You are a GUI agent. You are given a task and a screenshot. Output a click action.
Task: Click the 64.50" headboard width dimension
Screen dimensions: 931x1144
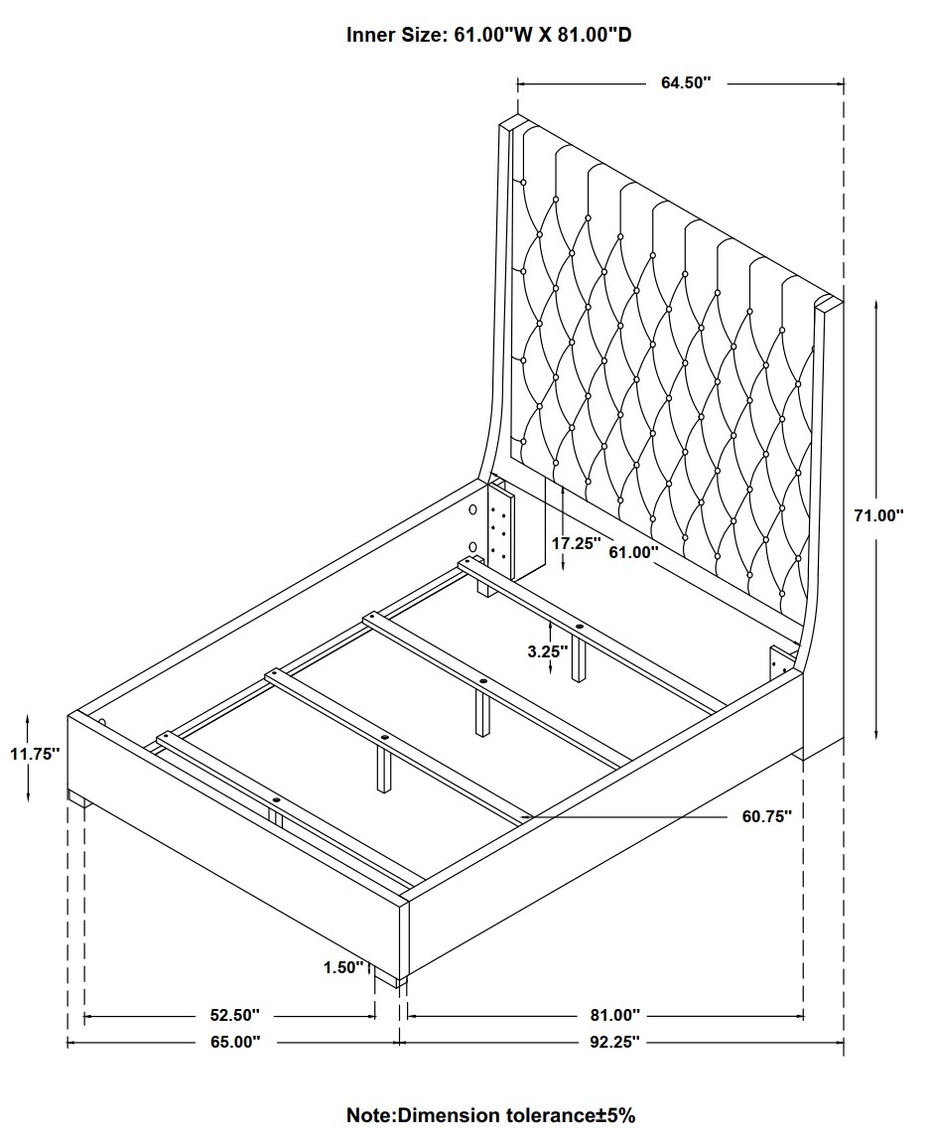(685, 82)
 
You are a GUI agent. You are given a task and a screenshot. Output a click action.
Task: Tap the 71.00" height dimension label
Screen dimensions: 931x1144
(878, 515)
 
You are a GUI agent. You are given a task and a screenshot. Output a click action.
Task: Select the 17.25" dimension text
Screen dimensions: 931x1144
(576, 543)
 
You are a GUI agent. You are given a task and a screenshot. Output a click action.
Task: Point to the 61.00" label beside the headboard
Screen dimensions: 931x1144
(633, 552)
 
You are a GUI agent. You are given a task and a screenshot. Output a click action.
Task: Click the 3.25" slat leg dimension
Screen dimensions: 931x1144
(548, 651)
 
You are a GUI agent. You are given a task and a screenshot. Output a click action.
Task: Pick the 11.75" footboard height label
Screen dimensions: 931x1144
(35, 754)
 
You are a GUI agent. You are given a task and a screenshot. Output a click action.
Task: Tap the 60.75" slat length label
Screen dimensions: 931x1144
(767, 816)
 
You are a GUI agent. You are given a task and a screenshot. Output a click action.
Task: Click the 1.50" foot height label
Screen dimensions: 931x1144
(343, 967)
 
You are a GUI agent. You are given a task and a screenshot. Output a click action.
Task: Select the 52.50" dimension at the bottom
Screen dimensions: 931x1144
(235, 1015)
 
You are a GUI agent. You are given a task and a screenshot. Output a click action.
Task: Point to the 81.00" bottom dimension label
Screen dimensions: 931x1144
(614, 1015)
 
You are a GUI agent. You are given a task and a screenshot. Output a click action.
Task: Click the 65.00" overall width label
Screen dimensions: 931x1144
(235, 1042)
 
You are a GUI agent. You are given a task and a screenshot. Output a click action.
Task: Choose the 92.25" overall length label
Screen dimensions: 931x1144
(614, 1042)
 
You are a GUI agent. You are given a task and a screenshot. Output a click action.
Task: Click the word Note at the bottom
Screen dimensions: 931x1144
(369, 1115)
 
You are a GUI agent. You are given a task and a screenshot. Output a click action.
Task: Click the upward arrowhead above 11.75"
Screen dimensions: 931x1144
(28, 719)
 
